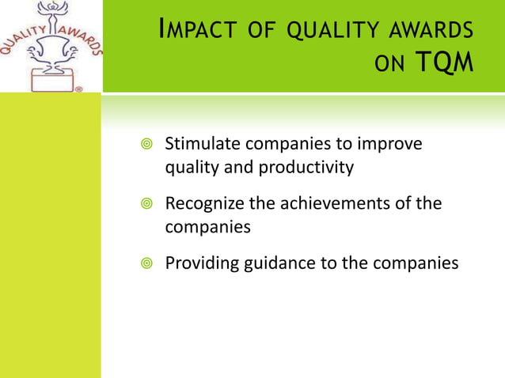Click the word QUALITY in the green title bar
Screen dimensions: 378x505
coord(331,31)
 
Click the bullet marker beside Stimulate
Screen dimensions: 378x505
coord(142,145)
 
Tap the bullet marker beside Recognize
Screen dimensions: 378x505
coord(142,204)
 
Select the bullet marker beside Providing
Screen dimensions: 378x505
coord(142,263)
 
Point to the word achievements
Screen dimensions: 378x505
coord(328,203)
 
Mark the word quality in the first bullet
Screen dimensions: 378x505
coord(190,168)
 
